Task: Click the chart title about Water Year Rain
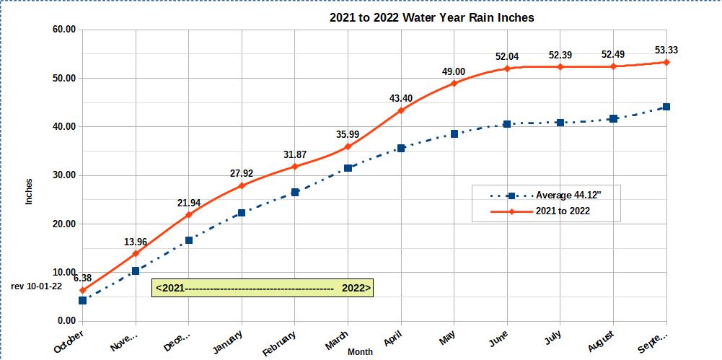(x=431, y=17)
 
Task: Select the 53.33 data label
(x=666, y=50)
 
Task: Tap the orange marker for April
(x=401, y=110)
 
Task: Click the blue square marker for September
(x=666, y=107)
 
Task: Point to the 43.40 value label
(x=400, y=98)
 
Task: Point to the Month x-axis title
(x=360, y=352)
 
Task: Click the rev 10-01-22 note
(x=37, y=286)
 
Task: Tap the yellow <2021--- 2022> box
(x=263, y=288)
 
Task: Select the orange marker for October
(x=82, y=290)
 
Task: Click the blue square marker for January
(x=242, y=213)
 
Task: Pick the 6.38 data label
(x=82, y=278)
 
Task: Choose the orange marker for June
(x=507, y=69)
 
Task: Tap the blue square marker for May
(x=454, y=133)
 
